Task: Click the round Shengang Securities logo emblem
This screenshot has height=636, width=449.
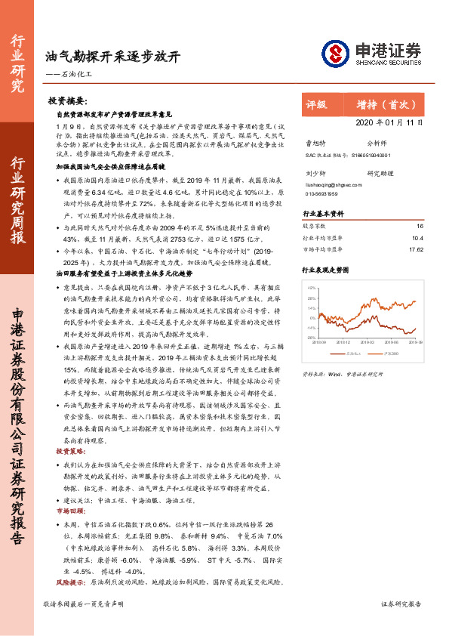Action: (334, 52)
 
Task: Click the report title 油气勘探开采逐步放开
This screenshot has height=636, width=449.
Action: (112, 57)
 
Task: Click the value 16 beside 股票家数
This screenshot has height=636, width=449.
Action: (420, 226)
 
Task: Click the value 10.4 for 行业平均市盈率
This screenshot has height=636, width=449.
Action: (418, 237)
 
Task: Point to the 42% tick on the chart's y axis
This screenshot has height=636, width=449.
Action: (311, 289)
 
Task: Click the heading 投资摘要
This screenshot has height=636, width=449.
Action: (68, 100)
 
